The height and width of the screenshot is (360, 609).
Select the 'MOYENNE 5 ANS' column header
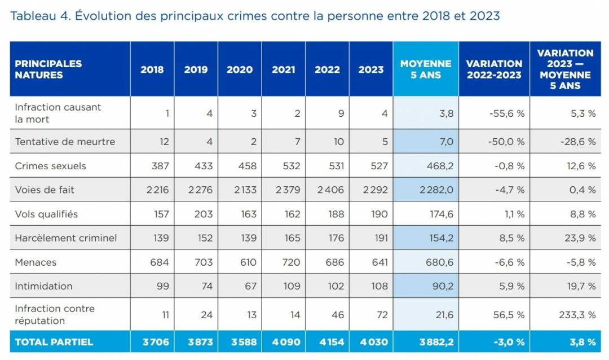426,69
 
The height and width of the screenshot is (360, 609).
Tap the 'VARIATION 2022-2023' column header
494,69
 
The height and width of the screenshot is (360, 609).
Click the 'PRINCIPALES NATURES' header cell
48,69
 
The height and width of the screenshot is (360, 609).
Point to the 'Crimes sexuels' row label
50,166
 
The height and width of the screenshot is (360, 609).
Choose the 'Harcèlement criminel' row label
65,238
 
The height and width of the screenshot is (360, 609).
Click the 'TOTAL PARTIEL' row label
54,342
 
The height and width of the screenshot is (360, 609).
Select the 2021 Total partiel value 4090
286,342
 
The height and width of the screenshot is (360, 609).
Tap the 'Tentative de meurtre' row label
65,142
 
